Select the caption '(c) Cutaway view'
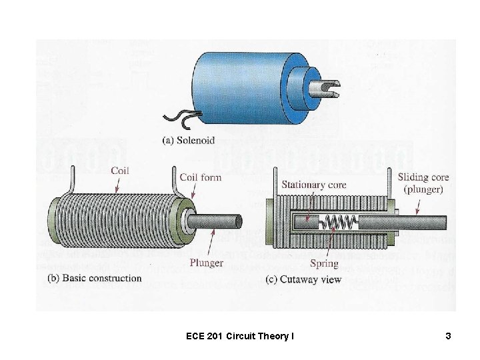point(305,279)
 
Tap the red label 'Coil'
point(120,170)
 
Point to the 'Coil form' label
point(201,177)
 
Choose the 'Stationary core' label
point(314,184)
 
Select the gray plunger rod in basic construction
point(220,221)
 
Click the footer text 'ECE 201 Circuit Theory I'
point(240,337)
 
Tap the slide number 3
point(449,337)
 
